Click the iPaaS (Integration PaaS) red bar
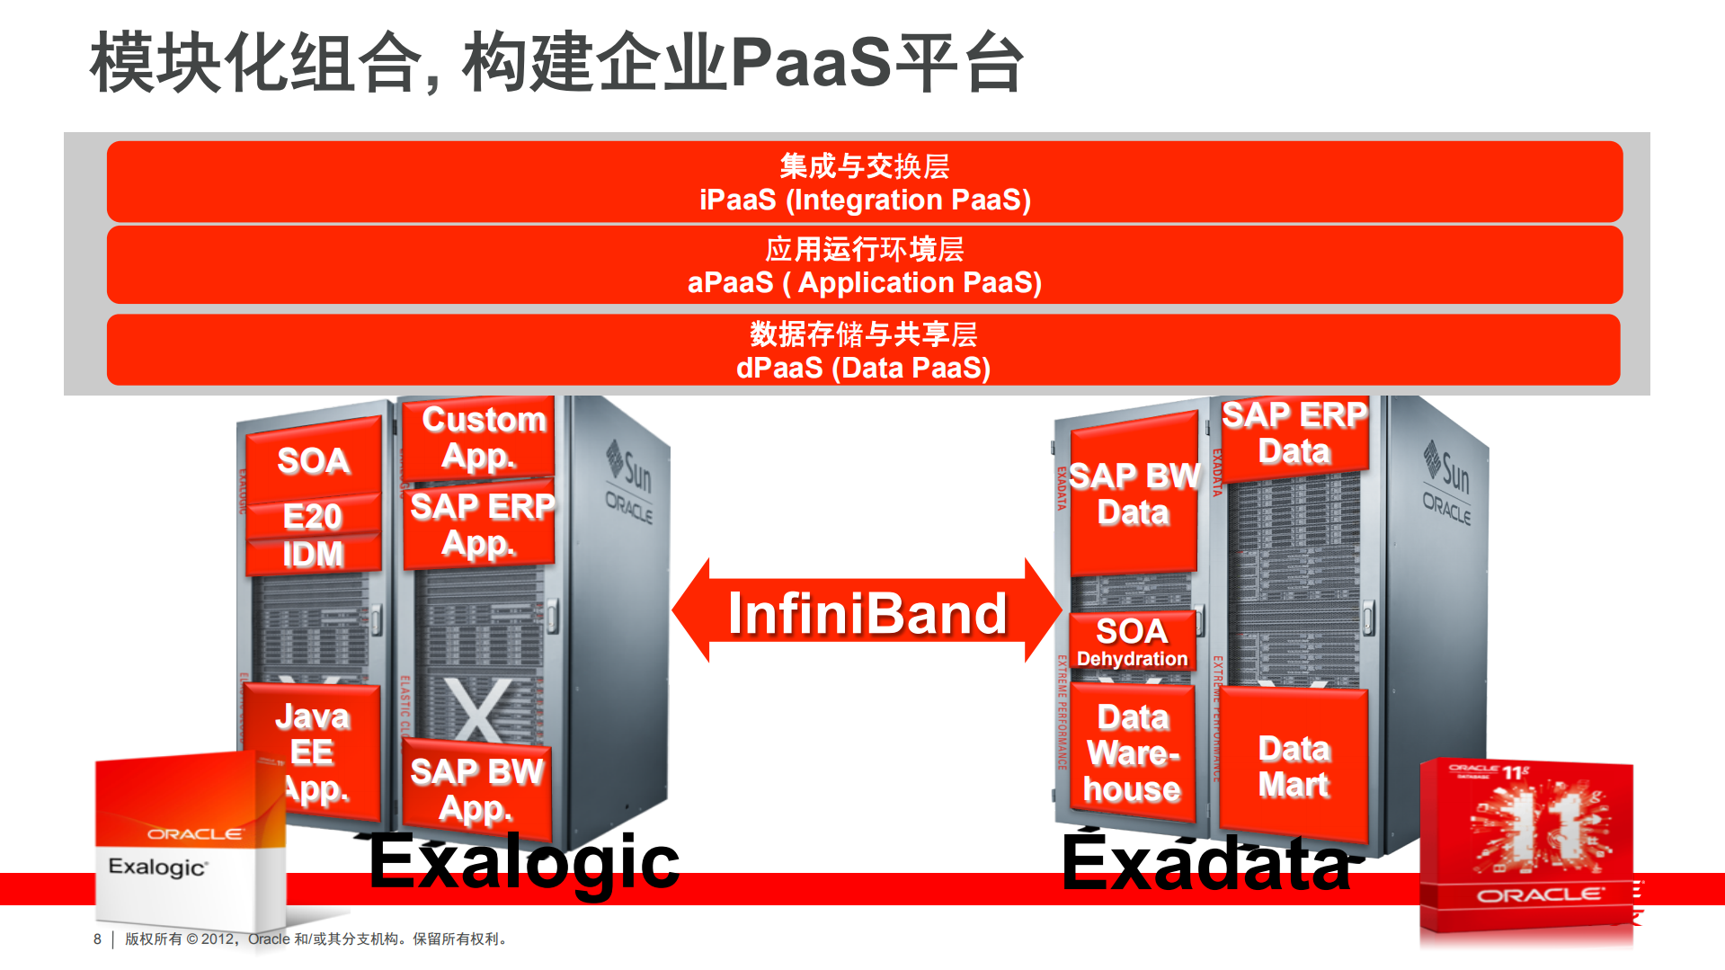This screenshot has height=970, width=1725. pos(864,182)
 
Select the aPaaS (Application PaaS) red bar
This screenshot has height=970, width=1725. pos(864,265)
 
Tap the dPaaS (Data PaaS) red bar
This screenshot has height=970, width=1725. pos(864,351)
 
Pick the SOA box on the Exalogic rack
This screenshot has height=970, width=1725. pos(313,461)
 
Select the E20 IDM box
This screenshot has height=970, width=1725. pos(313,536)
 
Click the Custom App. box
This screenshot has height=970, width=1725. pos(482,438)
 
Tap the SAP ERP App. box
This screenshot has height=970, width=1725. pos(480,526)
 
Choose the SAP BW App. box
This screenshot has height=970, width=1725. pos(476,789)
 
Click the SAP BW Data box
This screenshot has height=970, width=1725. pos(1134,494)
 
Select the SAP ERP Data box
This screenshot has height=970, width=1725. pos(1294,433)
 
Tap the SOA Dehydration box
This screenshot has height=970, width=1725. pos(1132,641)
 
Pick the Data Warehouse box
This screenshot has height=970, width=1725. pos(1132,753)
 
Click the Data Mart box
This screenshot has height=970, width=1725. pos(1294,766)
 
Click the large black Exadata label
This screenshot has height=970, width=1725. pos(1206,863)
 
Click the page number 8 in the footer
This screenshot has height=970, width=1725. pos(97,939)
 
